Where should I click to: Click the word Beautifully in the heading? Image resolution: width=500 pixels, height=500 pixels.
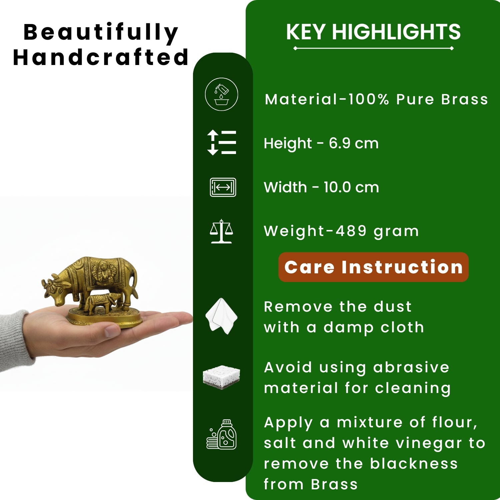pos(101,33)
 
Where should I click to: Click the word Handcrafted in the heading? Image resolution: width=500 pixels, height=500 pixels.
pos(101,57)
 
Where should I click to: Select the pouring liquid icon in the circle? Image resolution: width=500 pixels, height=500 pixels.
pos(221,94)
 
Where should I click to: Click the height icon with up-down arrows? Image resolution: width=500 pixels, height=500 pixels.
pos(221,143)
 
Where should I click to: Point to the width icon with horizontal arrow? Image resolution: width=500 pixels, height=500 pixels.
pos(223,187)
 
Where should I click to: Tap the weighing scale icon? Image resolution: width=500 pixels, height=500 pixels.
pos(221,231)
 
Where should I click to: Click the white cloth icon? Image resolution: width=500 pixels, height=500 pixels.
pos(221,316)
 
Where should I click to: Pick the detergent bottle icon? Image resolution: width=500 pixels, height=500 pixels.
pos(221,434)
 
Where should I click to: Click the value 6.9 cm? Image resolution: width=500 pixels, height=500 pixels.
pos(354,144)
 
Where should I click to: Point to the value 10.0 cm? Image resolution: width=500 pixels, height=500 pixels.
pos(351,187)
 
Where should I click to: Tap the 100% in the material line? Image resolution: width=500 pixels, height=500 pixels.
pos(368,99)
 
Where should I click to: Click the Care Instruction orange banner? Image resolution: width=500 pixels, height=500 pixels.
pos(373,267)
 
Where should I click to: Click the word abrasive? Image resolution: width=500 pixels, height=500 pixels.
pos(411,367)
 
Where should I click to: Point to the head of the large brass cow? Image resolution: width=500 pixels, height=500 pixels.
pos(56,290)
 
